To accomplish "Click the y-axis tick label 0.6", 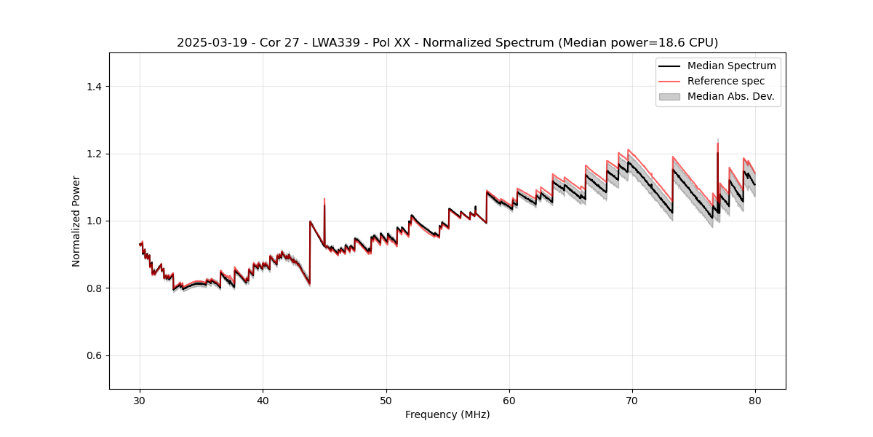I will (x=94, y=355).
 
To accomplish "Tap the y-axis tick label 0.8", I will (x=94, y=288).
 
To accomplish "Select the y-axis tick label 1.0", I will (x=94, y=221).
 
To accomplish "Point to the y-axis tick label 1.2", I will (x=94, y=154).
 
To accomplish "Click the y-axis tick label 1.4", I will (x=94, y=87).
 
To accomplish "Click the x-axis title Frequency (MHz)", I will (x=447, y=414).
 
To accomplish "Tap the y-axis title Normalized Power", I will (x=76, y=221).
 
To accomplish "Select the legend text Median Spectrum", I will (x=731, y=66).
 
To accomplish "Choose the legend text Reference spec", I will (x=726, y=81).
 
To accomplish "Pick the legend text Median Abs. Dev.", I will (x=730, y=96).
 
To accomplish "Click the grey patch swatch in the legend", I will (x=669, y=96).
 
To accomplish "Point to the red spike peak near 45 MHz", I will (x=324, y=199).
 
